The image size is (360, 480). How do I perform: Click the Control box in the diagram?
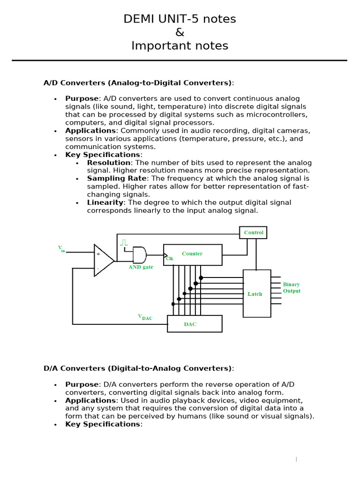point(253,232)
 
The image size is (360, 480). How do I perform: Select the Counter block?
point(193,255)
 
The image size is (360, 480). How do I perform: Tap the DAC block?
point(195,324)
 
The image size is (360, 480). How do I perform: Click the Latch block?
point(256,294)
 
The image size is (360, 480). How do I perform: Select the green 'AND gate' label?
point(141,267)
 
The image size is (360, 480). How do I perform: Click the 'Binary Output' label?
point(291,288)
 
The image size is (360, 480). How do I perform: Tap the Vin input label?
point(61,248)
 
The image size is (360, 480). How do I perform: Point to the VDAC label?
point(145,317)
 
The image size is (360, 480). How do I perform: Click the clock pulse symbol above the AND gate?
point(124,242)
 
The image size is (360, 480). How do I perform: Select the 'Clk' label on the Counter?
point(170,259)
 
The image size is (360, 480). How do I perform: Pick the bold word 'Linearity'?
point(105,202)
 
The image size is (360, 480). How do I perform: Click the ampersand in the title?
point(180,32)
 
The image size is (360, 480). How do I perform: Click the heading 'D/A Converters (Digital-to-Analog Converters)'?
point(138,368)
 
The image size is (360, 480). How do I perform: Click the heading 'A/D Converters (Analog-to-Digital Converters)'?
point(138,83)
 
